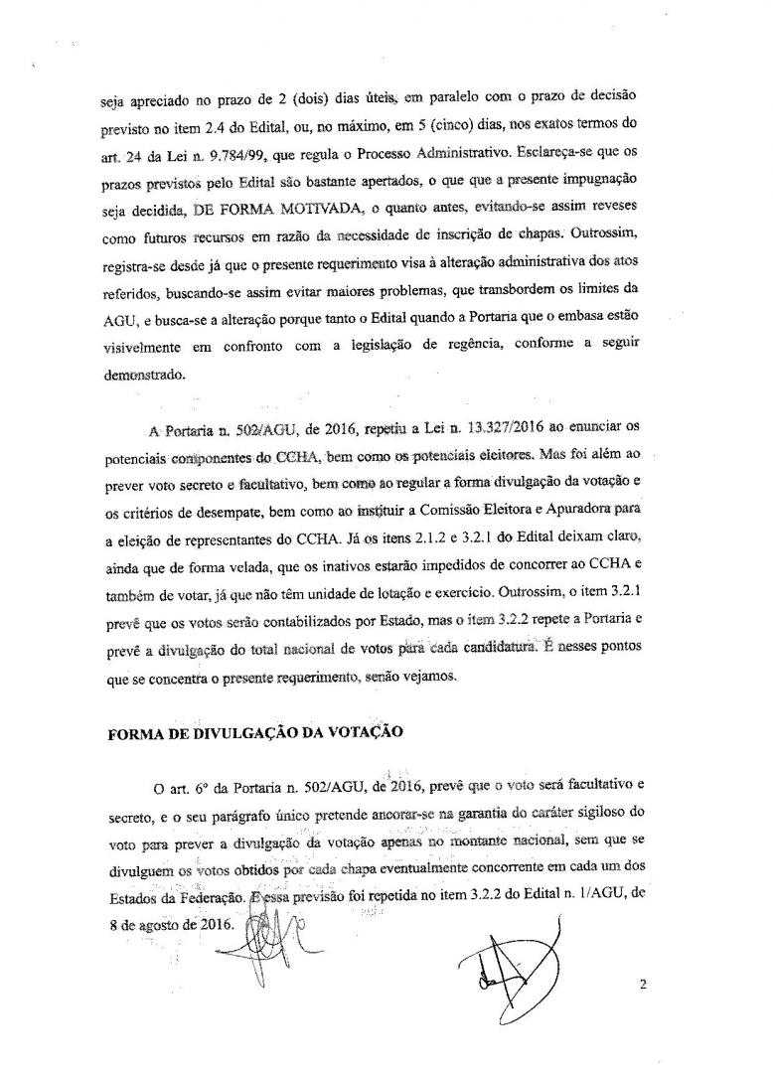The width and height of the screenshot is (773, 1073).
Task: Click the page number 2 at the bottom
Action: coord(644,986)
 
